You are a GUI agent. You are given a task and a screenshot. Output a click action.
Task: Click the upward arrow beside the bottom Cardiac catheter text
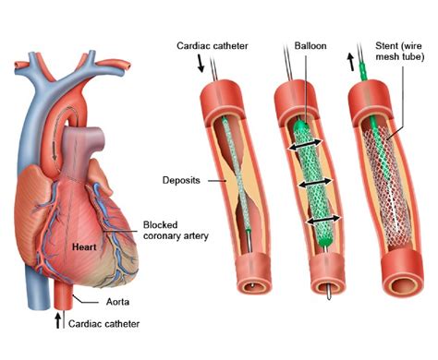pyautogui.click(x=60, y=322)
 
